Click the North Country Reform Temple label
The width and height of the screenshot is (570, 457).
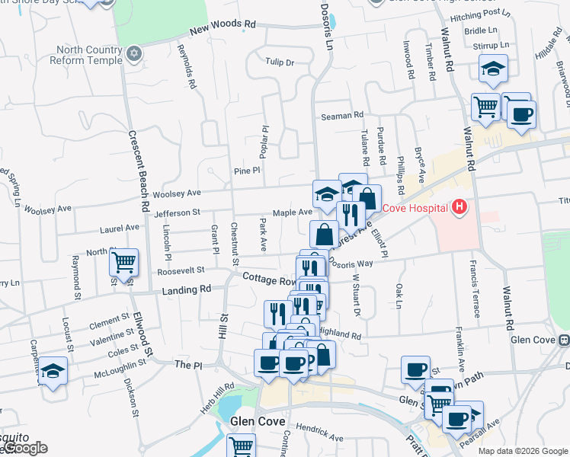(x=88, y=56)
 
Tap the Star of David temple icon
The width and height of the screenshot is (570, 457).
(x=135, y=54)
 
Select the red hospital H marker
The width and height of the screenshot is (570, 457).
(x=459, y=206)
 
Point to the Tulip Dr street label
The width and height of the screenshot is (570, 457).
(x=280, y=62)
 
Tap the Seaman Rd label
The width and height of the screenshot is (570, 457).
(x=342, y=115)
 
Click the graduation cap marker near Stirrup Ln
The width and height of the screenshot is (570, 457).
(x=493, y=69)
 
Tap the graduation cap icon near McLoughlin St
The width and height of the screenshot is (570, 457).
(x=53, y=372)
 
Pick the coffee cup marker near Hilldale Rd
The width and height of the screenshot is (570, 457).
(x=521, y=115)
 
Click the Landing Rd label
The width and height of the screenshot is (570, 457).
(x=187, y=289)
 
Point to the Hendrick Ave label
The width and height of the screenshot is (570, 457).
(x=320, y=433)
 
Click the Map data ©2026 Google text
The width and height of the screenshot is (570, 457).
(x=523, y=451)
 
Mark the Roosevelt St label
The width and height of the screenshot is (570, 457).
(x=181, y=270)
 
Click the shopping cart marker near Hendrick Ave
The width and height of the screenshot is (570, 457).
(x=242, y=446)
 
